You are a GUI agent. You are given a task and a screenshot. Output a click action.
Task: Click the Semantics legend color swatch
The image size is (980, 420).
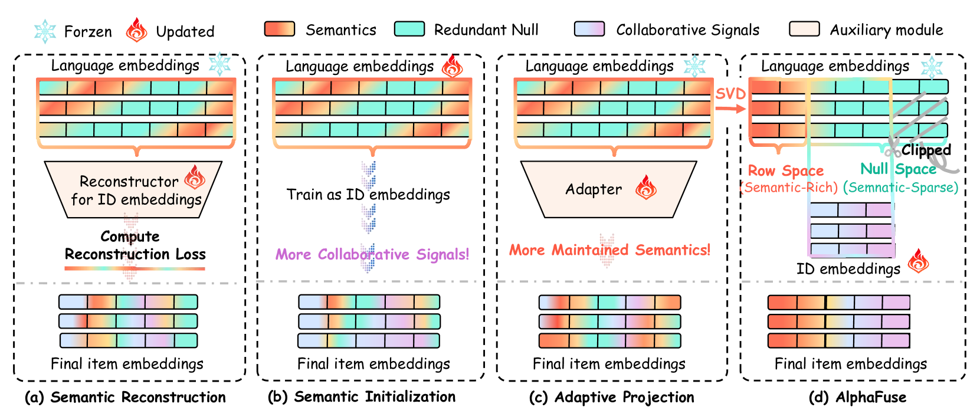click(280, 29)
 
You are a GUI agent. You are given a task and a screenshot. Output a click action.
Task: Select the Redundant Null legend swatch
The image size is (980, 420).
click(409, 29)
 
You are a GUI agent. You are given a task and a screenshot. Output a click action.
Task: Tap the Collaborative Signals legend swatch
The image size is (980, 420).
click(589, 29)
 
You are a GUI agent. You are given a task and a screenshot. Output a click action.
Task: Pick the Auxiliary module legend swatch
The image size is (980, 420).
click(804, 29)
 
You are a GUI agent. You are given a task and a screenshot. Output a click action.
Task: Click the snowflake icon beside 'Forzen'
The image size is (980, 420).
click(45, 31)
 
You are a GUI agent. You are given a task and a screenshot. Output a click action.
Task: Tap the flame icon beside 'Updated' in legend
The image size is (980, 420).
click(136, 29)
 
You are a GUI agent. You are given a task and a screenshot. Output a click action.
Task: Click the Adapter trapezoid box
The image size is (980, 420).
click(608, 189)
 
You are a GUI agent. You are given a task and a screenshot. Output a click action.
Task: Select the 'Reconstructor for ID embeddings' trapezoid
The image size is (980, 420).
click(133, 189)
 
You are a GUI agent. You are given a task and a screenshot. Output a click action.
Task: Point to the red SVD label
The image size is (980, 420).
click(730, 94)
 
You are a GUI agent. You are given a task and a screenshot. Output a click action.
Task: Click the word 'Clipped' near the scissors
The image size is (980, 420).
click(926, 150)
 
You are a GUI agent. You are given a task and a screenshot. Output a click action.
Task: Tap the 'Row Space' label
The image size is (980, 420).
click(786, 170)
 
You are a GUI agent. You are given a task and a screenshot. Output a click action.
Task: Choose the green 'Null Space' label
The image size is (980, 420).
click(899, 169)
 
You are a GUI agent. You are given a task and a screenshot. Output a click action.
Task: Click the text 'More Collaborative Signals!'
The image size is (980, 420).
click(372, 254)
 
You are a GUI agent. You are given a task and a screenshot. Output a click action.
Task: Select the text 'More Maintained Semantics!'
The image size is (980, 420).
click(610, 250)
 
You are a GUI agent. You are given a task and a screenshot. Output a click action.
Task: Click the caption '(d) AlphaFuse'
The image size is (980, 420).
click(857, 397)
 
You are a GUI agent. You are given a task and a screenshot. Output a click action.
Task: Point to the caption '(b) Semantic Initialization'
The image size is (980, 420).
click(362, 397)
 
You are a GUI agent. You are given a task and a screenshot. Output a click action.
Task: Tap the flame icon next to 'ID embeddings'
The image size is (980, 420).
click(918, 261)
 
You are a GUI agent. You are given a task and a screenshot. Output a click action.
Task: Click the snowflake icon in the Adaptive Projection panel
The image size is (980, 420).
click(694, 67)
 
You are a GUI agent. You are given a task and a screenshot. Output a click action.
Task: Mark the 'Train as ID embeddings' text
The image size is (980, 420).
click(368, 194)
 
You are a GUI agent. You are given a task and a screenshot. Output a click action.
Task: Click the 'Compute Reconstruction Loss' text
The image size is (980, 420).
click(135, 245)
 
